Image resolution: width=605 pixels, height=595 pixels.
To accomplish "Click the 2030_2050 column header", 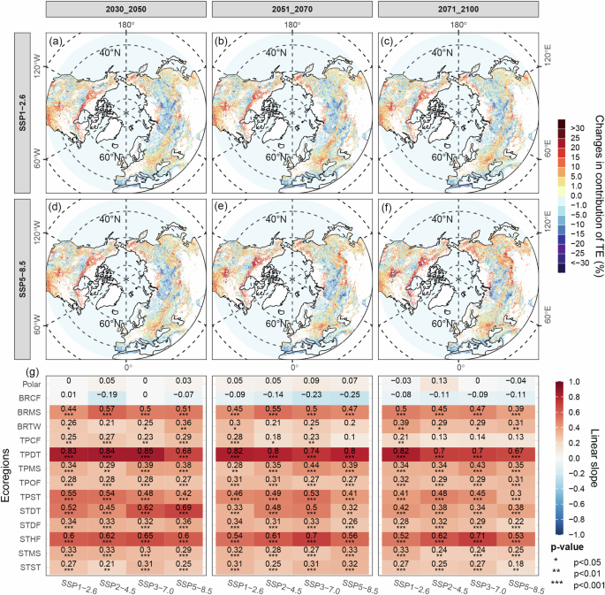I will pos(125,8).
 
